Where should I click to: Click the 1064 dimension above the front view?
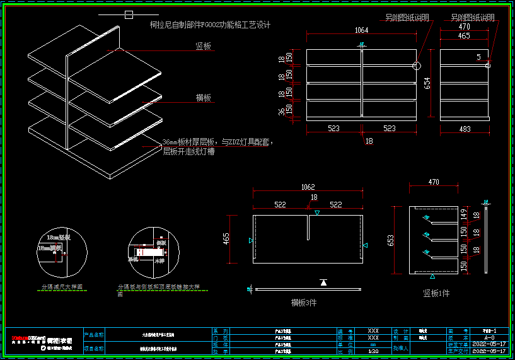(x=361, y=30)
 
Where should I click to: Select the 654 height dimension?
(x=427, y=83)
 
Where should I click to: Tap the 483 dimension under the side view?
(x=464, y=129)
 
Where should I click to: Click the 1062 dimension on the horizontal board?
(x=308, y=187)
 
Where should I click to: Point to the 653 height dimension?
(x=390, y=240)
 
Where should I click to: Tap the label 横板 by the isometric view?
(x=203, y=98)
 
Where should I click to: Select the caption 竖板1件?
(x=437, y=293)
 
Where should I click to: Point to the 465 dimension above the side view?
(x=464, y=36)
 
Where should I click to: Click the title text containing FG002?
(x=210, y=25)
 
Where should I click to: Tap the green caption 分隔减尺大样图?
(x=62, y=287)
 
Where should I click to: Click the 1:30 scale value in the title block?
(x=373, y=351)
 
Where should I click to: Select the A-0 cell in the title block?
(x=489, y=337)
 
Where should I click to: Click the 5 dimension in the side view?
(x=478, y=57)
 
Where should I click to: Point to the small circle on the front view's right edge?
(x=415, y=65)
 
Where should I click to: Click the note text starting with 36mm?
(x=217, y=142)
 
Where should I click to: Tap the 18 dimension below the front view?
(x=369, y=141)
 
